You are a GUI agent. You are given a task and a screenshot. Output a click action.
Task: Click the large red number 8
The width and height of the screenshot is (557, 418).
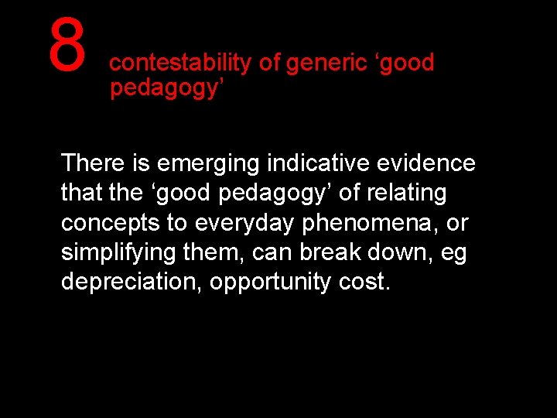click(x=67, y=44)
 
